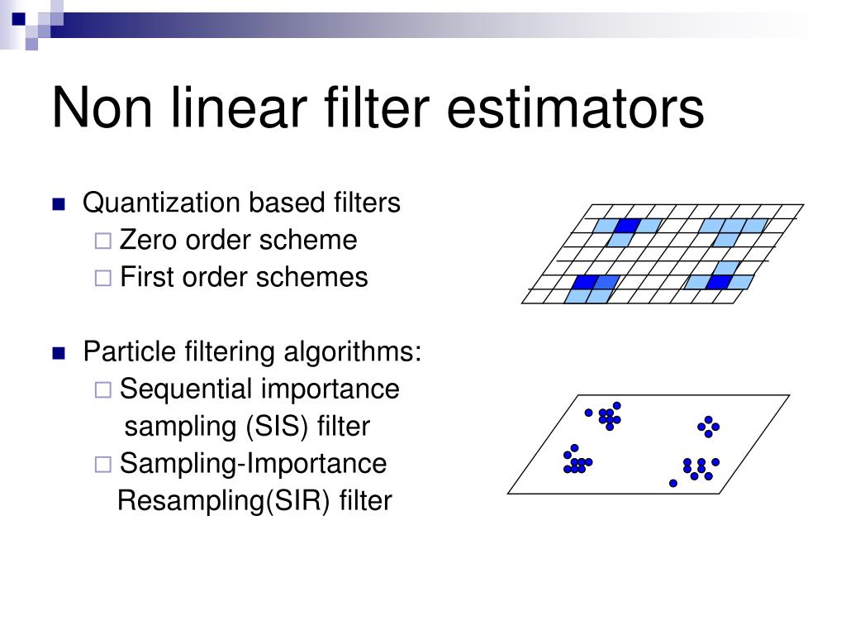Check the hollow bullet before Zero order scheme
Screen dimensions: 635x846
point(102,241)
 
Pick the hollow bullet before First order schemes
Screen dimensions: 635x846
point(102,279)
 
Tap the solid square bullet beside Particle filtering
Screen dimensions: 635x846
point(58,354)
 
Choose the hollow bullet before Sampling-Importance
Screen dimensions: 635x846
point(102,465)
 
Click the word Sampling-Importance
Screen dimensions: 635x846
point(253,463)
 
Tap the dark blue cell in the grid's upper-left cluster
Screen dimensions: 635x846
point(628,226)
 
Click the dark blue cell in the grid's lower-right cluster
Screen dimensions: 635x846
point(719,282)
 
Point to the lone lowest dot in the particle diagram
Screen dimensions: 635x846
point(673,483)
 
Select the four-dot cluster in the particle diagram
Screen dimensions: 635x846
point(708,427)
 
